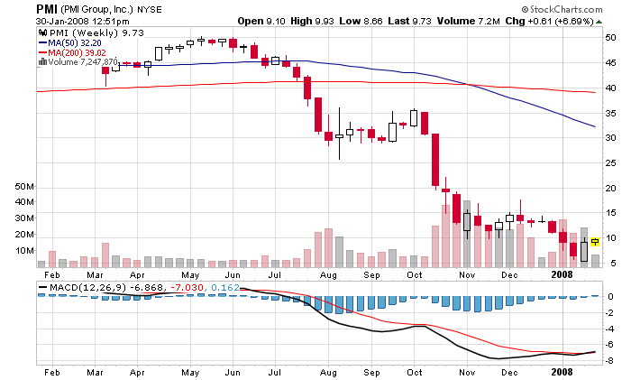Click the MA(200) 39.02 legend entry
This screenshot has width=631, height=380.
click(x=77, y=52)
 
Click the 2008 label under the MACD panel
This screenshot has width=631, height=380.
click(x=562, y=371)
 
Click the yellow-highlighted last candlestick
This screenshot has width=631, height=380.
click(x=595, y=241)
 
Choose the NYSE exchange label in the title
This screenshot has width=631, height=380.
click(x=150, y=8)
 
